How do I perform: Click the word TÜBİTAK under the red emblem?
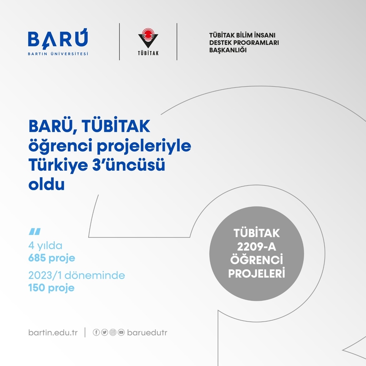(x=148, y=53)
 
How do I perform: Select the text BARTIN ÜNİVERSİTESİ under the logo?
(x=58, y=54)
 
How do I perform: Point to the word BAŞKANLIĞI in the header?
(x=228, y=50)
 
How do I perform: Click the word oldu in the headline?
(x=46, y=184)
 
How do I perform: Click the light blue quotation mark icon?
(x=34, y=232)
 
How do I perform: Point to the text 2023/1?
(x=45, y=275)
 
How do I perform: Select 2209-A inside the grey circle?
(x=256, y=246)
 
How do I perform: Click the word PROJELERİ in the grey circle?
(x=256, y=274)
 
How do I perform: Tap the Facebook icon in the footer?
(x=96, y=332)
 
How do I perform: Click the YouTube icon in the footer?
(x=121, y=332)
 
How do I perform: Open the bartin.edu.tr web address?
(x=53, y=332)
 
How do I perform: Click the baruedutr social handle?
(x=147, y=332)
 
